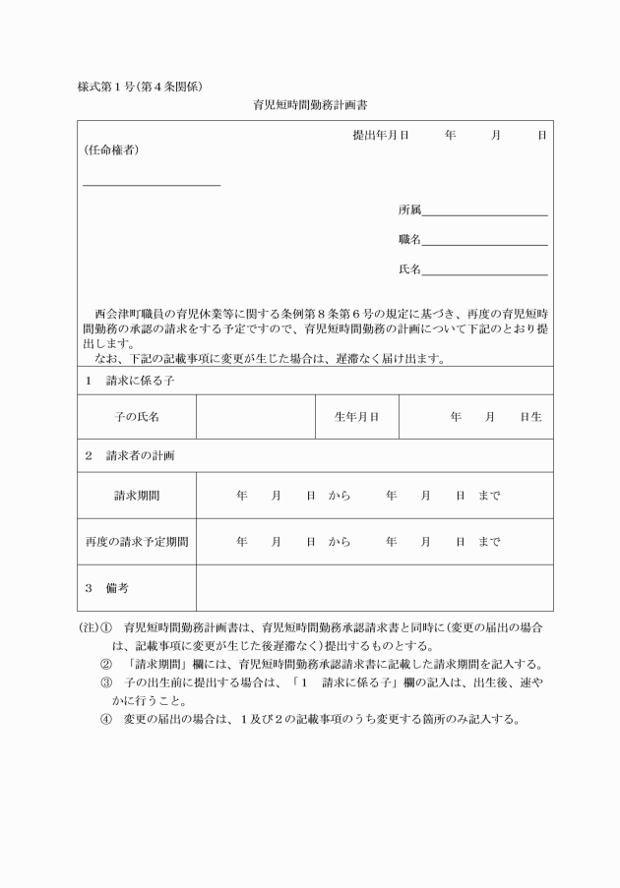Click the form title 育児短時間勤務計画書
coord(309,102)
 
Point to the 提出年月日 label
coord(380,134)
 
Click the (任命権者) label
coord(110,150)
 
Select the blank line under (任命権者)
coord(152,184)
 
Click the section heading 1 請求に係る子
coord(121,380)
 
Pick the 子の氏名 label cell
coord(137,417)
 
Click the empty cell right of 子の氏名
coord(256,417)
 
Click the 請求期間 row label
coord(137,496)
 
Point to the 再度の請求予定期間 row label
coord(137,541)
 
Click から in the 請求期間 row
coord(340,496)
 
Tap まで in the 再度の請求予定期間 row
coord(489,541)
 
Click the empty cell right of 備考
coord(374,587)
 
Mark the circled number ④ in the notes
coord(106,719)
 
